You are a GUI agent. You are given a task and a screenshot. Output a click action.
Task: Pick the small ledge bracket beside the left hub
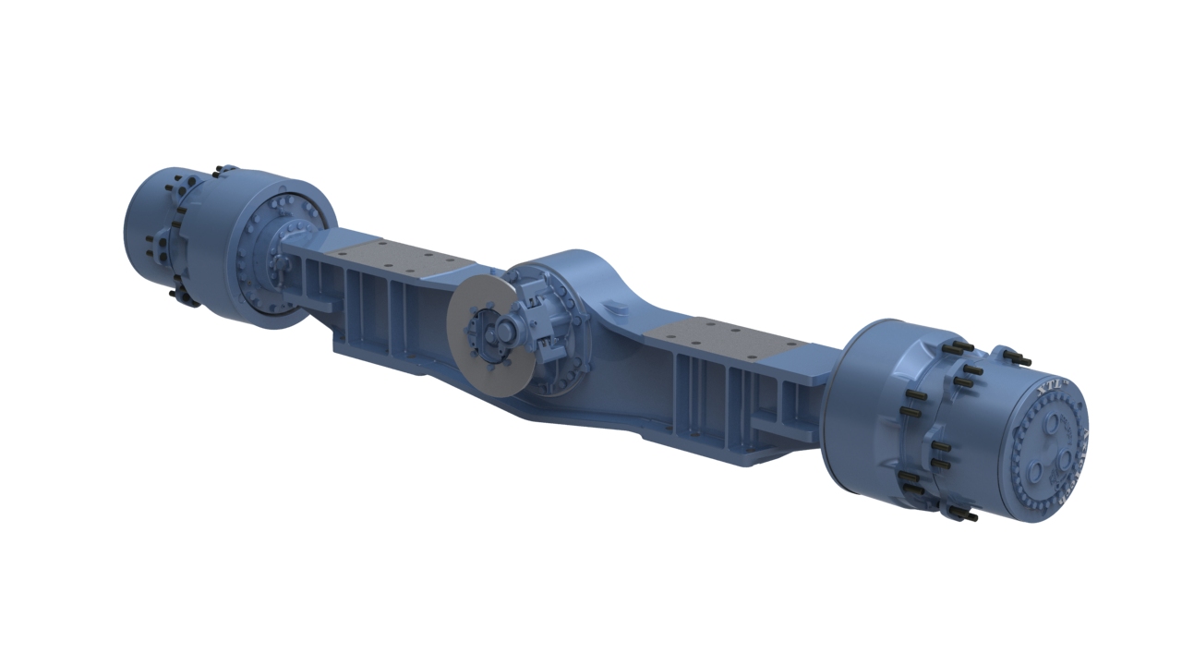[x=319, y=301]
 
